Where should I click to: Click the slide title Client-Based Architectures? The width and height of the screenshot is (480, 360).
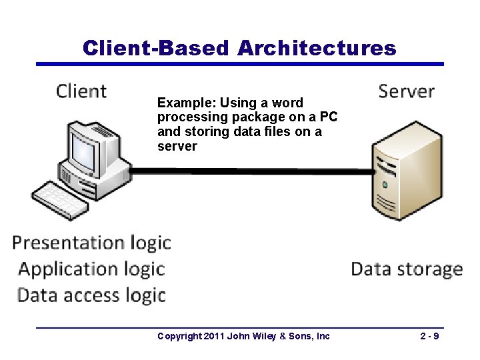[x=239, y=48]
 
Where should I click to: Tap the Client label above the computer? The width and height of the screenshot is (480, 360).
[x=81, y=91]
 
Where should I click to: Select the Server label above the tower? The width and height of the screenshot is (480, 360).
[x=406, y=91]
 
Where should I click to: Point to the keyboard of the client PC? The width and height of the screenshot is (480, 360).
[x=60, y=199]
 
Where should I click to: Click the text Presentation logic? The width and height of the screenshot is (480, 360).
[x=92, y=243]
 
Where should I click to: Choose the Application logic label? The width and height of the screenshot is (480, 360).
[x=91, y=269]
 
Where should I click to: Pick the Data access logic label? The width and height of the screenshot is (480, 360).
[x=91, y=295]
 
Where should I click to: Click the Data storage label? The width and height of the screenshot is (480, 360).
[x=407, y=269]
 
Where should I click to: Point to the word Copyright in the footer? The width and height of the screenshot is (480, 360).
[x=179, y=336]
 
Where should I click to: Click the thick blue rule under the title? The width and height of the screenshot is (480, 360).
[x=239, y=64]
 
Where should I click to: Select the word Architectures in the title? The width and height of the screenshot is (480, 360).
[x=316, y=48]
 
